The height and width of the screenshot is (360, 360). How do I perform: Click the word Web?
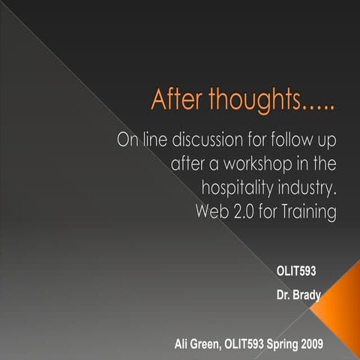[x=214, y=212]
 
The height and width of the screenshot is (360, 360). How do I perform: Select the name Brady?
[x=307, y=295]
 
